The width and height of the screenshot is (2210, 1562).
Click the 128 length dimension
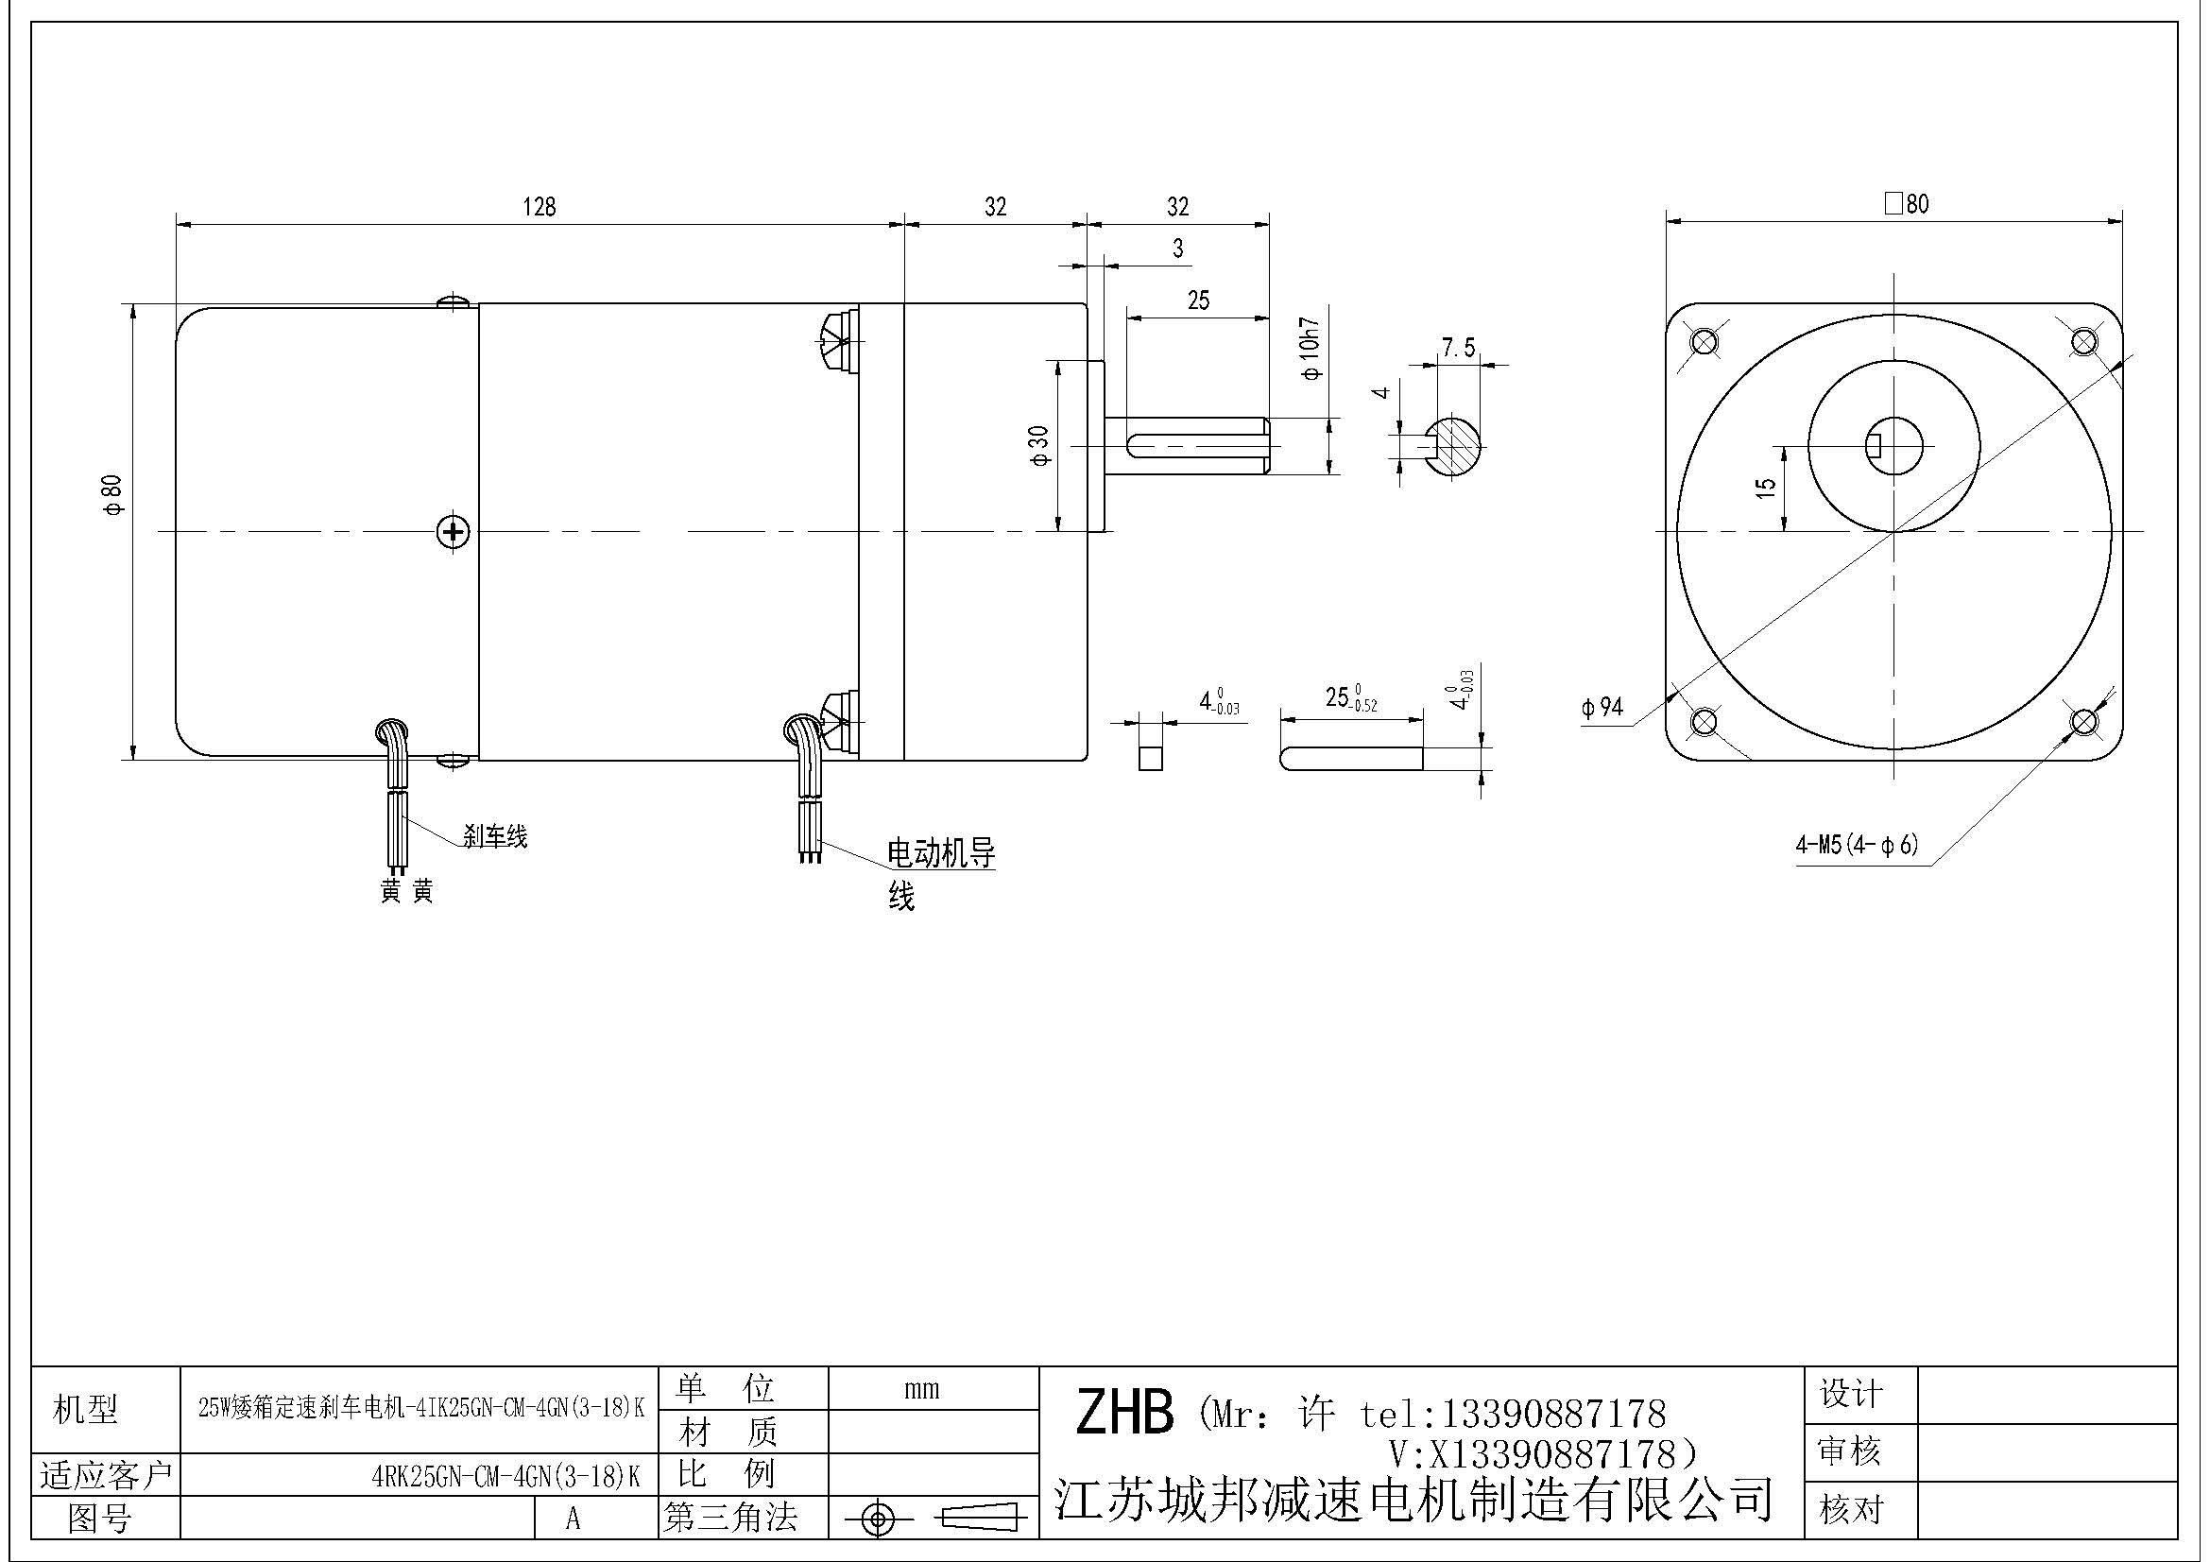coord(539,206)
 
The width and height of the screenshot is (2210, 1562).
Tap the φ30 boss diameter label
coord(1039,447)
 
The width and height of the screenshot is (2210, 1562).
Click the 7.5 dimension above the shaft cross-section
coord(1458,348)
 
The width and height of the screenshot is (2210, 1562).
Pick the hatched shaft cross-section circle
coord(1453,446)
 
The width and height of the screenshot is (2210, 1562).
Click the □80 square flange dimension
coord(1906,204)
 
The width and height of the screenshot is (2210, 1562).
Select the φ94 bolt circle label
coord(1602,708)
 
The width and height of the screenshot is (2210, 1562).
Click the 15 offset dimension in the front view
coord(1764,488)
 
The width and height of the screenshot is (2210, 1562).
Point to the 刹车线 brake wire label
coord(495,836)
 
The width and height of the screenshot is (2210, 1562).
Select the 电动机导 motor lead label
coord(940,853)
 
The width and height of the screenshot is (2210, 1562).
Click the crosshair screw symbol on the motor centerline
coord(453,530)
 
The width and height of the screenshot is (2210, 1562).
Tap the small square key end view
coord(1147,757)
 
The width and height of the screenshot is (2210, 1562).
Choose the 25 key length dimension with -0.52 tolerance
coord(1349,697)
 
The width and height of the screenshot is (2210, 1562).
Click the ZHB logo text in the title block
coord(1124,1413)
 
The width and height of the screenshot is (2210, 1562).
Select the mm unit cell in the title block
coord(921,1389)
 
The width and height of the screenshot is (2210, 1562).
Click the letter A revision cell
coord(573,1519)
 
